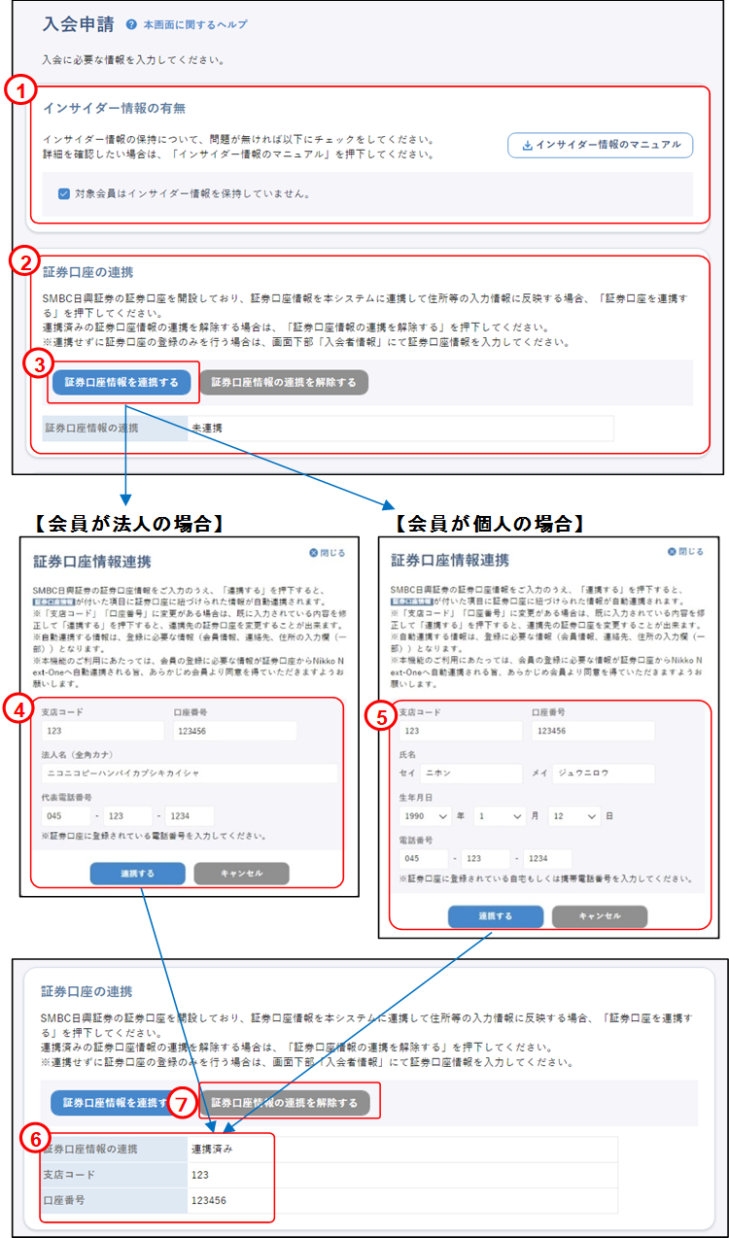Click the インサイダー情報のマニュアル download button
(x=600, y=146)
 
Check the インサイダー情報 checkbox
(x=64, y=193)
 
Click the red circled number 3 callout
(x=37, y=364)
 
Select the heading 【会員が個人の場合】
(x=488, y=524)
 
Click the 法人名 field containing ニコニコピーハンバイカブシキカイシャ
(x=190, y=773)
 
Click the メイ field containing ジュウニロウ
(x=603, y=774)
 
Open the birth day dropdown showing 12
(x=573, y=816)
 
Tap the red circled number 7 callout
(x=182, y=1103)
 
